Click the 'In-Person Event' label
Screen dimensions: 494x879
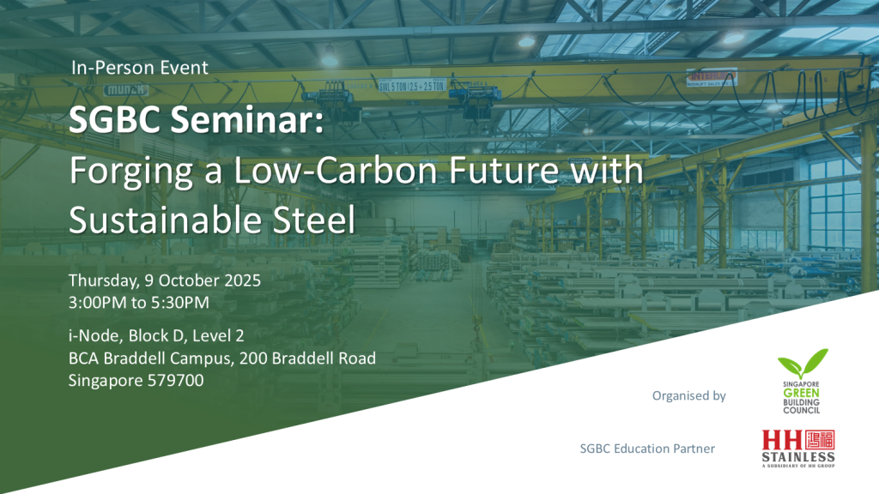click(140, 67)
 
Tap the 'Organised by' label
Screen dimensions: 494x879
click(688, 395)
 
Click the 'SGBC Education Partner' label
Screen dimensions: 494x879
click(647, 448)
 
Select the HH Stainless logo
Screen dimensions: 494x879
click(798, 449)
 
